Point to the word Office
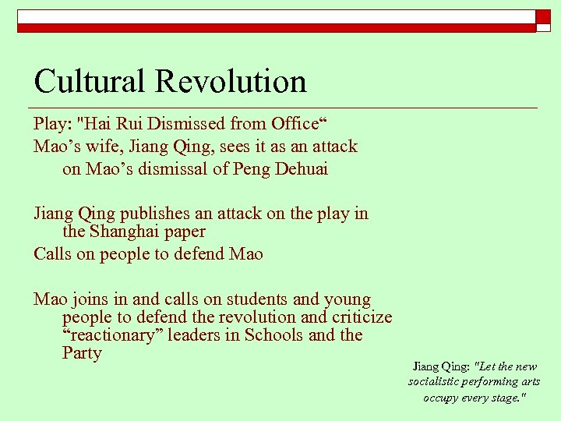point(294,124)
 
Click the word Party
point(82,353)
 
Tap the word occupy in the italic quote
point(442,398)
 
